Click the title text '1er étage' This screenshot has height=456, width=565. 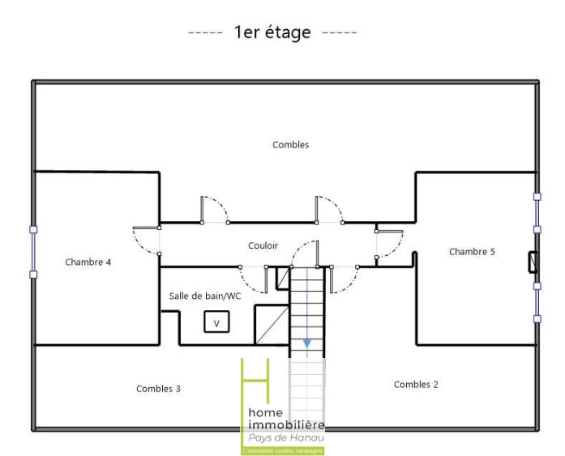pyautogui.click(x=272, y=32)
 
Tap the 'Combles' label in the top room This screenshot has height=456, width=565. pyautogui.click(x=291, y=145)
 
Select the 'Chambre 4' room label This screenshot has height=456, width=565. pyautogui.click(x=88, y=262)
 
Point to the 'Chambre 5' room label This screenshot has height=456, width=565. pyautogui.click(x=472, y=252)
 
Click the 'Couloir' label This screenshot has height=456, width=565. pyautogui.click(x=263, y=245)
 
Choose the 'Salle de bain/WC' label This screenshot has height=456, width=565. pyautogui.click(x=205, y=296)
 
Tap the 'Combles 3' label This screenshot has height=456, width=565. pyautogui.click(x=158, y=389)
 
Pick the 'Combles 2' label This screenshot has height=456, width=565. pyautogui.click(x=416, y=385)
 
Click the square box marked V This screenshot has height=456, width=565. pyautogui.click(x=216, y=322)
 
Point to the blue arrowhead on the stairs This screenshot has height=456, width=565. pyautogui.click(x=307, y=343)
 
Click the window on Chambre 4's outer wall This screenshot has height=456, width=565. pyautogui.click(x=33, y=252)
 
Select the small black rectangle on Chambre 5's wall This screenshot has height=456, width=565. pyautogui.click(x=533, y=262)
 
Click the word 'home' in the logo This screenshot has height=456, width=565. pyautogui.click(x=266, y=412)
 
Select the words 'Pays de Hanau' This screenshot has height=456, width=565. pyautogui.click(x=286, y=437)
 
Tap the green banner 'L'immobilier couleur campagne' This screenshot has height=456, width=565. pyautogui.click(x=282, y=450)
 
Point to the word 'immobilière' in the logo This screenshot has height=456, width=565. pyautogui.click(x=286, y=424)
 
